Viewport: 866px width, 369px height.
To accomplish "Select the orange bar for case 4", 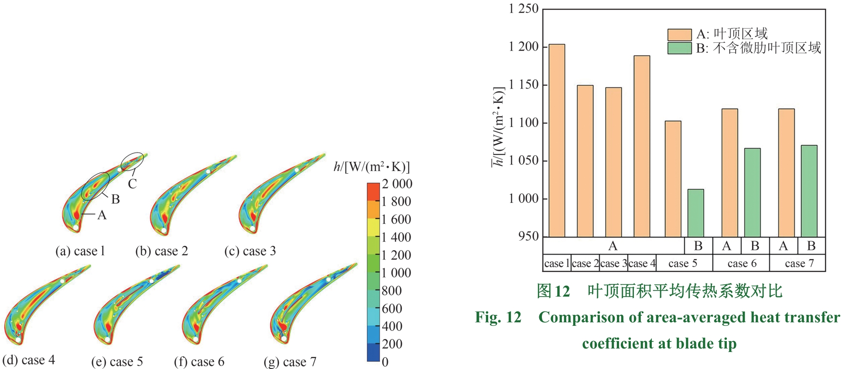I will [642, 146].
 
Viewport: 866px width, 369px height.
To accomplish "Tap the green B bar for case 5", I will [695, 213].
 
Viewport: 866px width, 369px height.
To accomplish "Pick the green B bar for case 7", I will [809, 191].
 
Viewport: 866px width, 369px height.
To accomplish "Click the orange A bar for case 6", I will [729, 173].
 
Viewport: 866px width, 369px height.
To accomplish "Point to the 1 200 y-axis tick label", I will [524, 47].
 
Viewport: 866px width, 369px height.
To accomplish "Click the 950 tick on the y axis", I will [528, 236].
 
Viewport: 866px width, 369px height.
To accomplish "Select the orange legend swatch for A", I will [679, 34].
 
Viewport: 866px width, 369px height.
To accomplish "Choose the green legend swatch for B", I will [679, 48].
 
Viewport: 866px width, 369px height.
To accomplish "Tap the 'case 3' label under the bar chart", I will [613, 263].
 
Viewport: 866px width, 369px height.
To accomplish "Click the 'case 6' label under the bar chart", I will [742, 263].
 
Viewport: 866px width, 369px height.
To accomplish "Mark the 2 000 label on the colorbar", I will [397, 184].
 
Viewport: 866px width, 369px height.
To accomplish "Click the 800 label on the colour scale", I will [392, 291].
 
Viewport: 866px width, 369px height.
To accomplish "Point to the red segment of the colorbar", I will [373, 191].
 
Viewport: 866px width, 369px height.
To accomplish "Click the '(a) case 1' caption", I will [80, 251].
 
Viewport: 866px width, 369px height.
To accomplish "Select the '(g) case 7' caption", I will [290, 362].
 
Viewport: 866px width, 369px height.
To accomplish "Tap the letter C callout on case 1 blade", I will [132, 184].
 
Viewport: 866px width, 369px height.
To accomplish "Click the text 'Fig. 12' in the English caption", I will [498, 317].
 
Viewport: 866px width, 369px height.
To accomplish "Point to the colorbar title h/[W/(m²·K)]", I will [372, 167].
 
